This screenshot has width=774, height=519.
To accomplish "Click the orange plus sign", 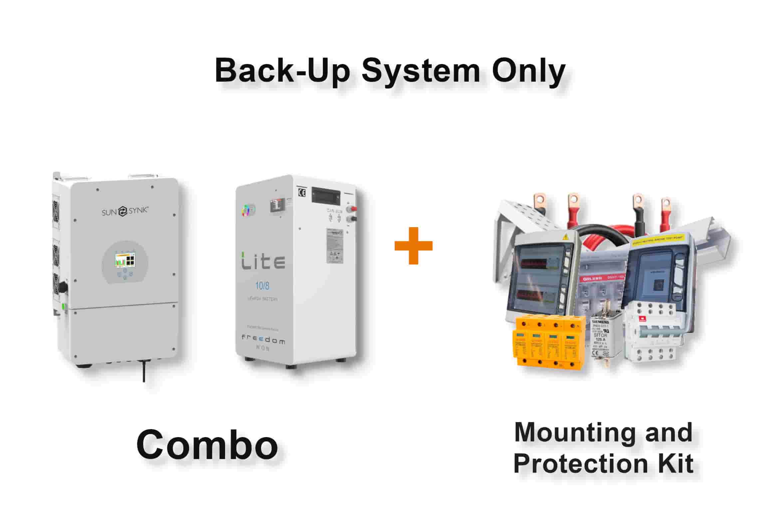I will pos(413,246).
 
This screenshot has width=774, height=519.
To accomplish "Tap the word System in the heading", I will pos(421,71).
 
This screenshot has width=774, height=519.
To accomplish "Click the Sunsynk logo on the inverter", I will pos(125,211).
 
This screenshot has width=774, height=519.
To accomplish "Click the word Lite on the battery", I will pos(263,261).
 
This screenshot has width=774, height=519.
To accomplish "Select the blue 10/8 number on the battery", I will pos(262,286).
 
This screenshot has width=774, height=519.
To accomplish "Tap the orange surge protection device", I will pos(549,343).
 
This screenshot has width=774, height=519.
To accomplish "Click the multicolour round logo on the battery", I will pos(246,210).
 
